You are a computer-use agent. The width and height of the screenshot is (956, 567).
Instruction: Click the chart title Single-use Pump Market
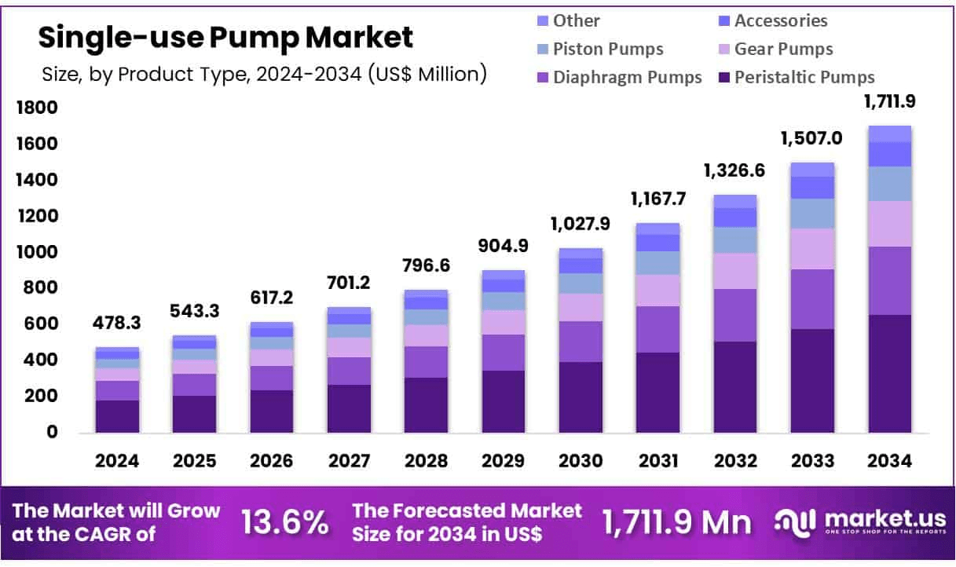(x=225, y=37)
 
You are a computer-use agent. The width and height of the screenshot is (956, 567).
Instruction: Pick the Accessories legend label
(x=781, y=20)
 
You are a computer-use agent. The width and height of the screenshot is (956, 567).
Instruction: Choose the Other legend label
(x=576, y=20)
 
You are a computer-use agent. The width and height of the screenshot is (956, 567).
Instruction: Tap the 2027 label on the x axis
(x=349, y=461)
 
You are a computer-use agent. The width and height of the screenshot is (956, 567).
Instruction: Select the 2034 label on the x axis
(x=890, y=461)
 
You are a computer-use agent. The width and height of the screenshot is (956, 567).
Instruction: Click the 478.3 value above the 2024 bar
(x=117, y=323)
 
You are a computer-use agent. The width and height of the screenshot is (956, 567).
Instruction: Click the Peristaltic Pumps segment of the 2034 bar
(x=890, y=373)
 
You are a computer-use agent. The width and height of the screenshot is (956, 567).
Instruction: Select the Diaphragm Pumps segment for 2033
(x=812, y=299)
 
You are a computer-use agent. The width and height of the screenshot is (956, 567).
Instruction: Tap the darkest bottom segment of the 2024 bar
(x=117, y=416)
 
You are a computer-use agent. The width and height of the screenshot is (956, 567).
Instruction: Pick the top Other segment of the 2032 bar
(x=735, y=201)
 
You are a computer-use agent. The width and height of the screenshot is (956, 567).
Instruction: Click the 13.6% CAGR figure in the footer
(x=285, y=522)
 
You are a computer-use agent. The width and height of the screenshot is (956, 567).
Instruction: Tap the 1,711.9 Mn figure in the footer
(x=676, y=522)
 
